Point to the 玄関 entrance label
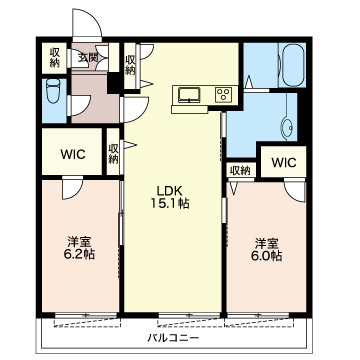(88, 58)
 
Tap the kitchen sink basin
(189, 96)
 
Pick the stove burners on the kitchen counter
(222, 96)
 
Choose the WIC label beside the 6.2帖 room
(71, 154)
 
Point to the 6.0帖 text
(266, 256)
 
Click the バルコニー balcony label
(170, 338)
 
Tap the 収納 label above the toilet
(54, 57)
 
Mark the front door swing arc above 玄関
(85, 27)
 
